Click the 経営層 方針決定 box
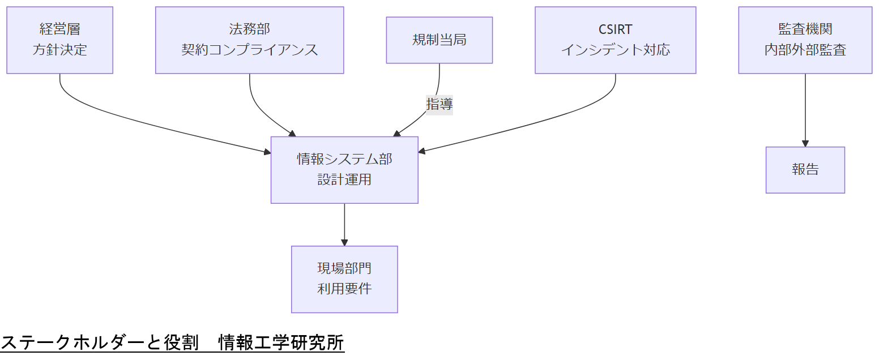click(x=59, y=40)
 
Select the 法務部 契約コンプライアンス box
click(x=249, y=40)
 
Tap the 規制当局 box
click(x=439, y=40)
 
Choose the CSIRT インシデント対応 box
click(x=615, y=40)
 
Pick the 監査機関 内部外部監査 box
click(x=805, y=40)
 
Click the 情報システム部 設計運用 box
click(x=344, y=170)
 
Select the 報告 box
click(x=805, y=170)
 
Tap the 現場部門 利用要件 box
click(x=344, y=279)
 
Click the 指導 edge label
click(x=439, y=104)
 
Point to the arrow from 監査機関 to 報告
click(x=805, y=110)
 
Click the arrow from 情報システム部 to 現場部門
click(x=344, y=224)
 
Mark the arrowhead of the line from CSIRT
click(x=422, y=151)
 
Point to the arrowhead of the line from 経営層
click(x=267, y=152)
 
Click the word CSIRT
click(x=615, y=29)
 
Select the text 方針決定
click(x=59, y=50)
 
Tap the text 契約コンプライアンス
click(x=249, y=50)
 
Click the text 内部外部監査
click(x=805, y=50)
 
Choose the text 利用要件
click(x=344, y=289)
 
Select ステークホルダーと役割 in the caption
click(x=99, y=342)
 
